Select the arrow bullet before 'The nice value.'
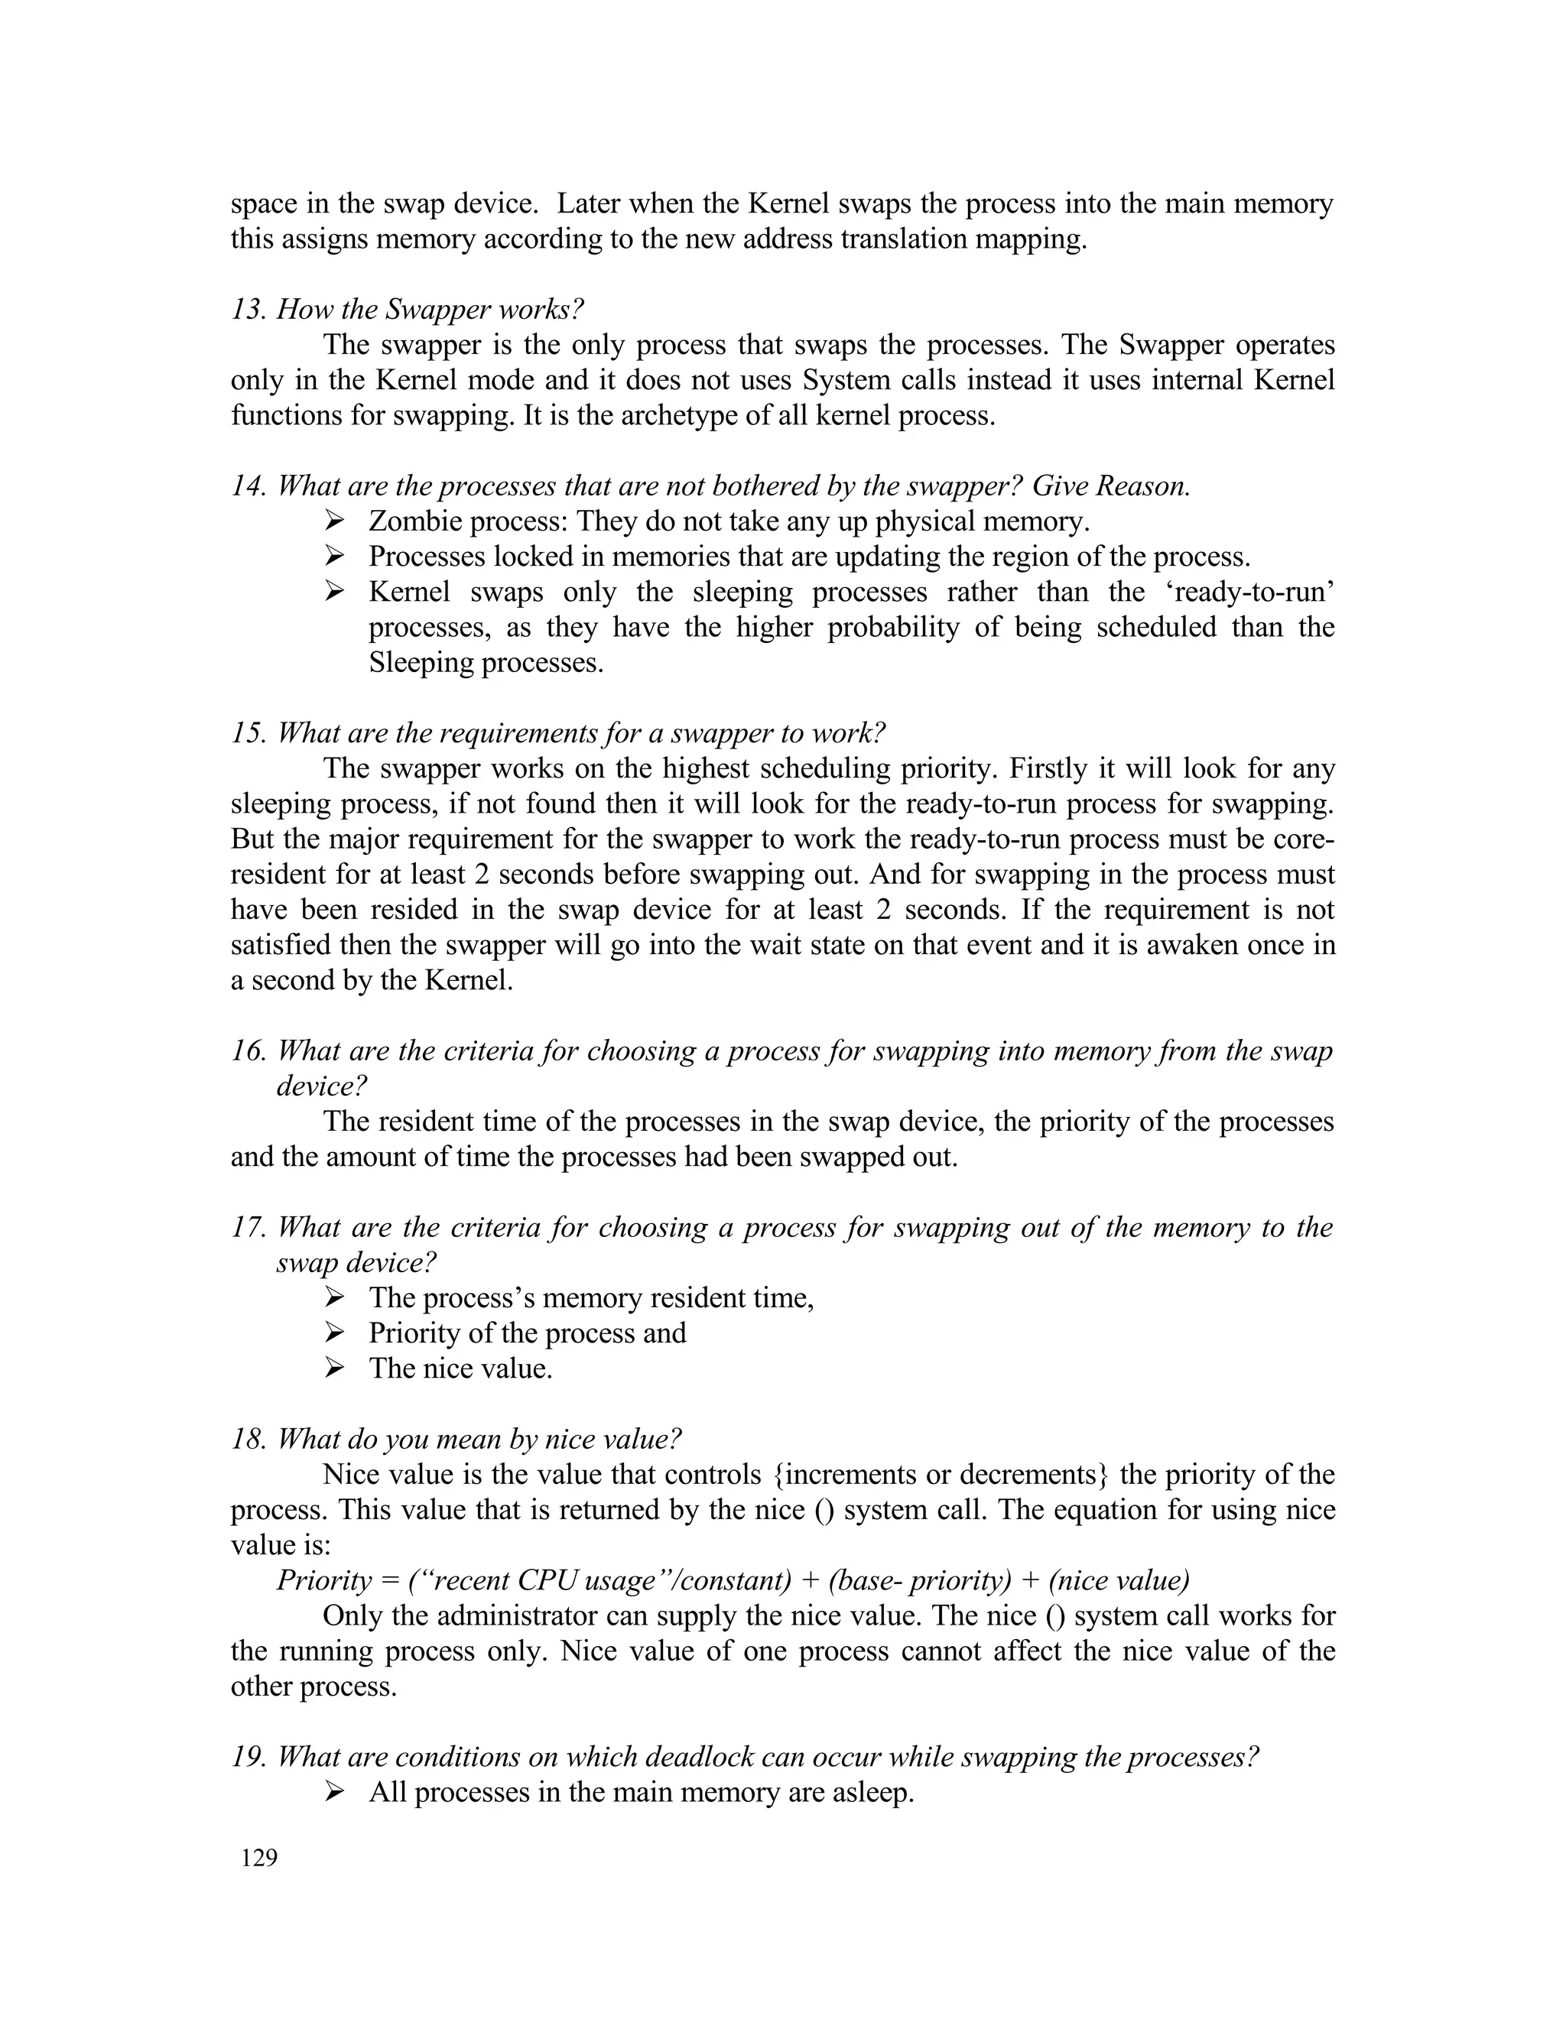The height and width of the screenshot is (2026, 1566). coord(335,1369)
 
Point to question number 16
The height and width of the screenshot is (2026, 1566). coord(249,1051)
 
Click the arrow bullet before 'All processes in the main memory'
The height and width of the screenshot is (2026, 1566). coord(335,1792)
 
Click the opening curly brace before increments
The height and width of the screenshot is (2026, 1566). coord(778,1475)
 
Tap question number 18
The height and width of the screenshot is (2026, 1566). coord(249,1440)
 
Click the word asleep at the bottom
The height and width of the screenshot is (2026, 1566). coord(872,1792)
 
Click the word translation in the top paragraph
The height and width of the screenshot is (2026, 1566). coord(898,239)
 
